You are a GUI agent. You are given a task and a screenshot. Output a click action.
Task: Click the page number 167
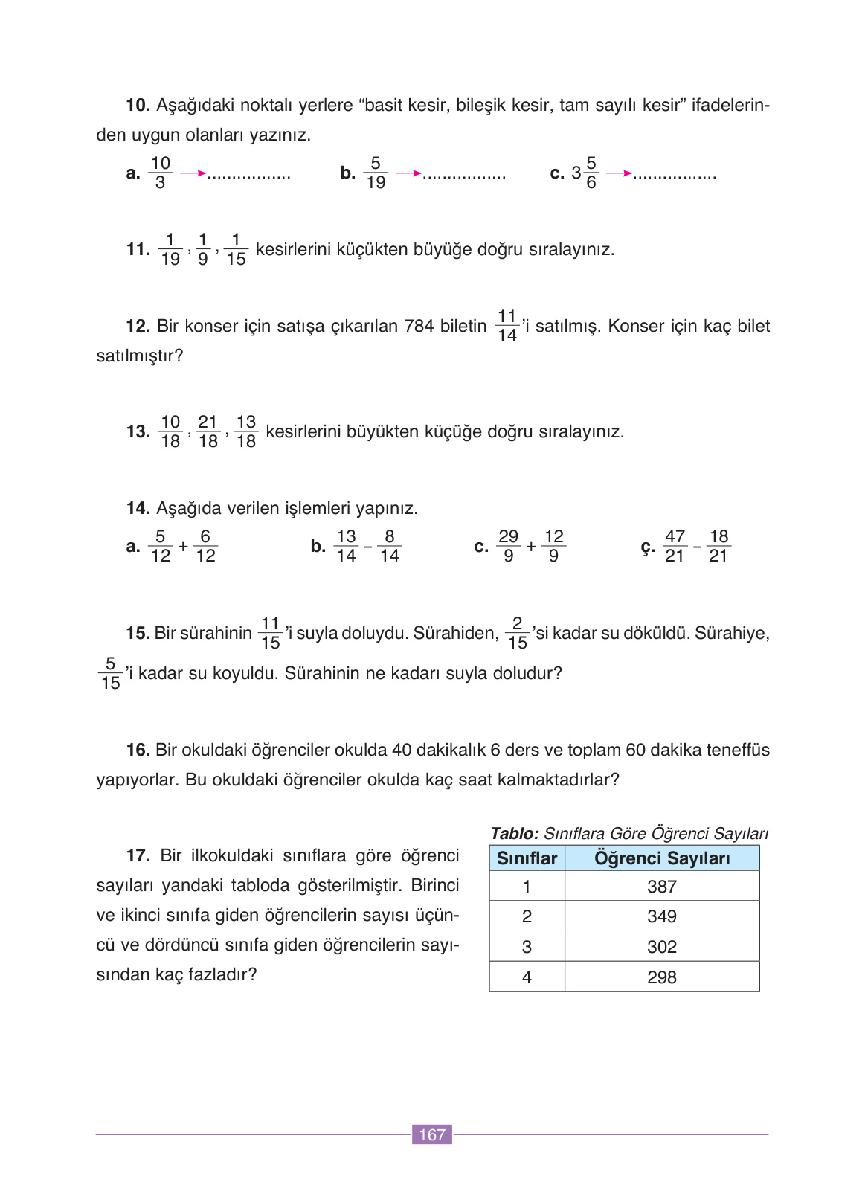pos(432,1134)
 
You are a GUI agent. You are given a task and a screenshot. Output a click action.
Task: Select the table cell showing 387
pos(661,887)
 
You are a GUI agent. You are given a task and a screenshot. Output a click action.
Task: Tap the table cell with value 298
pos(661,977)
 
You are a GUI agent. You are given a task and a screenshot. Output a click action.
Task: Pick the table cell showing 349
pos(661,916)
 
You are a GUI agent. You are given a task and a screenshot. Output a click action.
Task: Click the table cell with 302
pos(661,947)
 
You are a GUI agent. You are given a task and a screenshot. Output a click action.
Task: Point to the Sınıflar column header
pos(527,858)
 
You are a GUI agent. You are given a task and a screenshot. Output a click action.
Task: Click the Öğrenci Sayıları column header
pos(661,858)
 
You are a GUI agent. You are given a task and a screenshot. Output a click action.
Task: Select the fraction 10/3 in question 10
pos(161,173)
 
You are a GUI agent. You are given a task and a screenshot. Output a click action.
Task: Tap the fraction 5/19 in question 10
pos(376,173)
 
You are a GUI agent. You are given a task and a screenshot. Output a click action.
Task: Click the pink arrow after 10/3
pos(193,174)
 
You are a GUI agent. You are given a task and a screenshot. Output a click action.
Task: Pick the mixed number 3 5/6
pos(585,173)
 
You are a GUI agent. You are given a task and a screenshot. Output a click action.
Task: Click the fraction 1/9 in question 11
pos(203,250)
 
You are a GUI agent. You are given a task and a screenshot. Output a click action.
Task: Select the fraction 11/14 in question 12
pos(507,326)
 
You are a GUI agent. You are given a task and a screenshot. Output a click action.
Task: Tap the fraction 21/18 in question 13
pos(208,431)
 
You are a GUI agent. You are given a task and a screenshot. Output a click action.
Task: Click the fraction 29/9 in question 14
pos(508,546)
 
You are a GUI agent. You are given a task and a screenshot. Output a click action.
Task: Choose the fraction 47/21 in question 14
pos(675,546)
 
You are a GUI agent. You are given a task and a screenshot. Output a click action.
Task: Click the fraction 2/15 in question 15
pos(518,633)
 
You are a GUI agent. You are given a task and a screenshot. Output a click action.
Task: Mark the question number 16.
pos(138,750)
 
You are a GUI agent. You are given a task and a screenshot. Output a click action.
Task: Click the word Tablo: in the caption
pos(515,834)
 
